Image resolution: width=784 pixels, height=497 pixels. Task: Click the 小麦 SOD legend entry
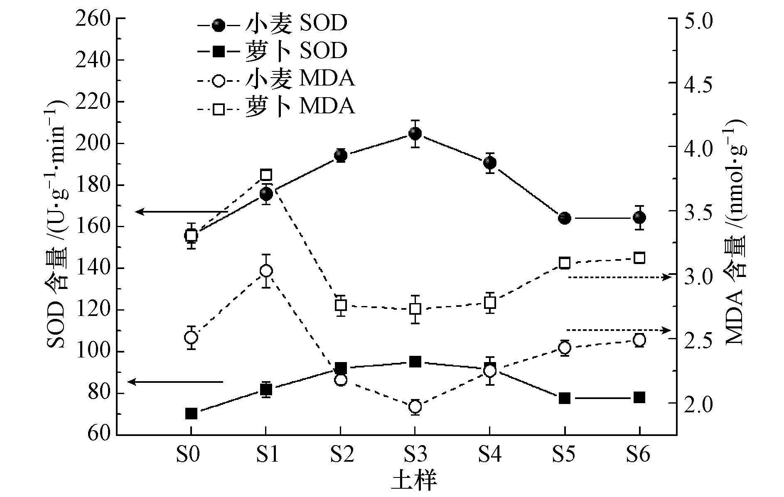pos(272,24)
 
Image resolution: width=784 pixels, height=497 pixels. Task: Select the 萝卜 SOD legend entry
pos(272,51)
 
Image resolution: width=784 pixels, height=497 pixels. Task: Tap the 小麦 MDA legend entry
pos(276,79)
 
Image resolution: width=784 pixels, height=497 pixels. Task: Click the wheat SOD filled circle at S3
pos(415,133)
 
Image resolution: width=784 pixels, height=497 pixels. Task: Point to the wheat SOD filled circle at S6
pos(639,218)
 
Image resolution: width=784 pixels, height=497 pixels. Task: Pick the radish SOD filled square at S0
pos(191,414)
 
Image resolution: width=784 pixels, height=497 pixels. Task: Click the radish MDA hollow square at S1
pos(266,174)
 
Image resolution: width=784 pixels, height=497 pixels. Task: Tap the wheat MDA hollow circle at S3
pos(415,406)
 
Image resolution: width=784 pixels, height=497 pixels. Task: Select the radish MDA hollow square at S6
pos(639,258)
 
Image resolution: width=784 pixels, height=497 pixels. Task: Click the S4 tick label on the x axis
pos(489,455)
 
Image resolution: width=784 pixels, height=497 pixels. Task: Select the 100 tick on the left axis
pos(93,352)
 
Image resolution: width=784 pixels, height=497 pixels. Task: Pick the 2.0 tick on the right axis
pos(698,404)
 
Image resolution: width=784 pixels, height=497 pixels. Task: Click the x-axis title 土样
pos(414,482)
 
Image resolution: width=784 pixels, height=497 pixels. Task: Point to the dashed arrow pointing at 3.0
pos(619,277)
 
